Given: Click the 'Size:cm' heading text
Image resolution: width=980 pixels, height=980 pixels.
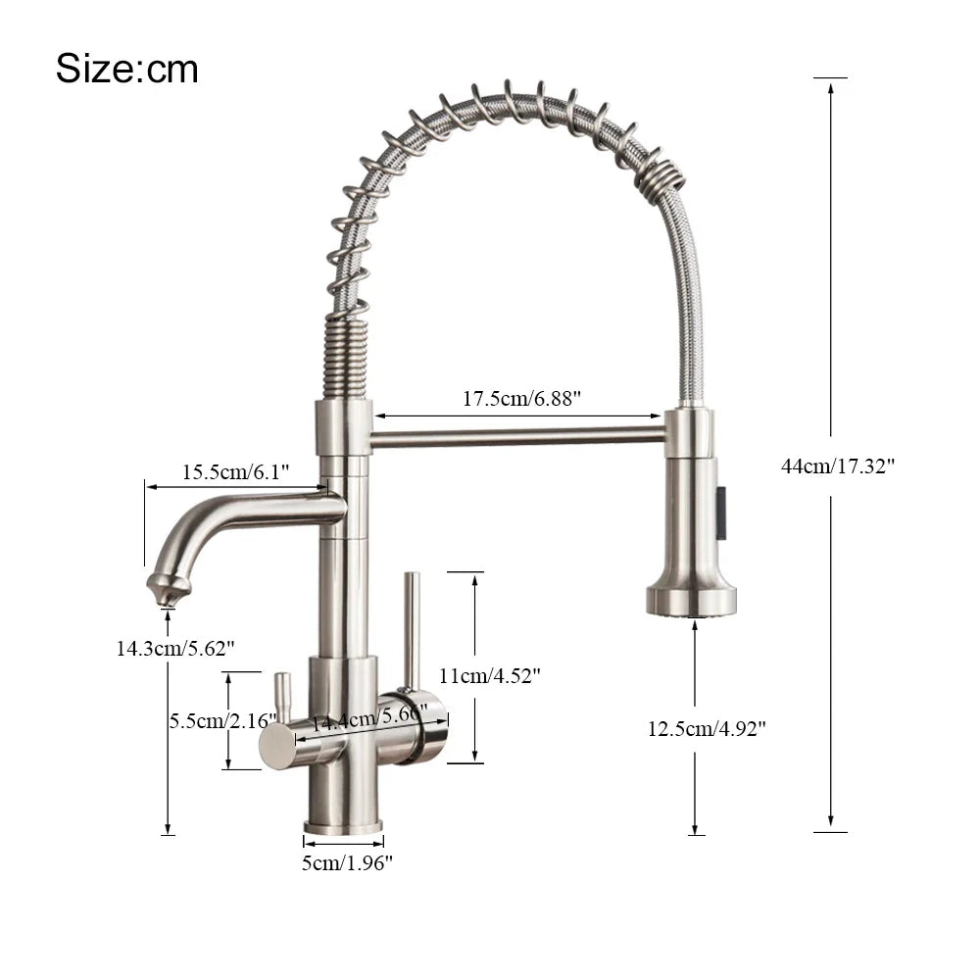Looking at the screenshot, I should [126, 69].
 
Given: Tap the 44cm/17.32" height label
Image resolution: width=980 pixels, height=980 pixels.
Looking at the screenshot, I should [837, 466].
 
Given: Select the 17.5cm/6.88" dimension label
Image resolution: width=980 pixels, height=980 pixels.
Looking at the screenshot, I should [522, 399].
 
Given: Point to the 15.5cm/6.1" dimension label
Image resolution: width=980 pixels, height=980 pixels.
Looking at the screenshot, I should [235, 472].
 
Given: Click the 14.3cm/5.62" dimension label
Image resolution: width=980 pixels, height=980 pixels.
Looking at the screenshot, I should [174, 648].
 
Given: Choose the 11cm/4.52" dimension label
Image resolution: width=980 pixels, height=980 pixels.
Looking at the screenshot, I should [489, 675].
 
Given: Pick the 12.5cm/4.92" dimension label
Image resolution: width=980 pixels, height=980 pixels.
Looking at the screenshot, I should [706, 728].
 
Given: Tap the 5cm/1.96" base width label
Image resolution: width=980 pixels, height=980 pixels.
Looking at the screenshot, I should [347, 862].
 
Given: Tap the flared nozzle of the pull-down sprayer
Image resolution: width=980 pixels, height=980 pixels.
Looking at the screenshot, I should [691, 594].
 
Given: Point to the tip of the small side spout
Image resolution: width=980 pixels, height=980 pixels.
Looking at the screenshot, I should [168, 592].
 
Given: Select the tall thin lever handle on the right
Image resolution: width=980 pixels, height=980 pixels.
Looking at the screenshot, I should [413, 627].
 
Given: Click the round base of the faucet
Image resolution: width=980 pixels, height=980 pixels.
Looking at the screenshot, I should [343, 825].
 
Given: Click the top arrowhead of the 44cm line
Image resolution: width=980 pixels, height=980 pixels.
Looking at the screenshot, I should [830, 87].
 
